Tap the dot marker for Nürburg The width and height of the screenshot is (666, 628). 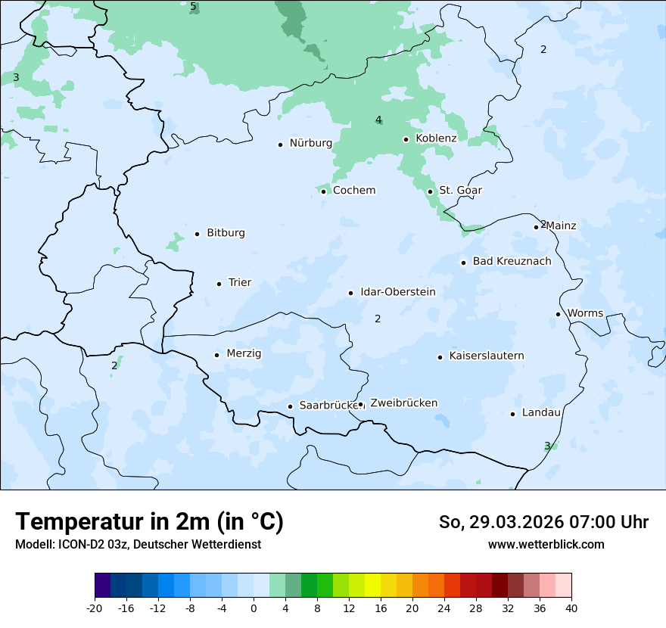280,144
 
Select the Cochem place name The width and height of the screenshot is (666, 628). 354,190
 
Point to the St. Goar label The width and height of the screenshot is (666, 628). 460,190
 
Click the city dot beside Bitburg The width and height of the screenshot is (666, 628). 197,234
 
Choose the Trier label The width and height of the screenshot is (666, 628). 240,282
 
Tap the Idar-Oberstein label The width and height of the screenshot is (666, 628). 398,291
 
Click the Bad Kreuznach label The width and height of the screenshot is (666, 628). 512,261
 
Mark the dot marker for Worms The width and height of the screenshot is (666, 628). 558,314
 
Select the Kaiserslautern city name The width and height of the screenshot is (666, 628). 487,356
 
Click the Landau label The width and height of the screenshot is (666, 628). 541,412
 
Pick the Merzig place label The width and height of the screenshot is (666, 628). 244,353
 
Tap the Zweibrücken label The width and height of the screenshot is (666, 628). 404,403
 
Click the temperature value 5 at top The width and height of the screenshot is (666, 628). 193,7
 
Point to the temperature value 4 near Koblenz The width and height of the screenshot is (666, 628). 378,120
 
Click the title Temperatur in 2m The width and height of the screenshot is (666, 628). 149,521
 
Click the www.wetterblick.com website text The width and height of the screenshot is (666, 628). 546,544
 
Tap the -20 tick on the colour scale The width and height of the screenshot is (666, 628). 95,608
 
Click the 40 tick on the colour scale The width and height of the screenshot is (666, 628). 571,608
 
